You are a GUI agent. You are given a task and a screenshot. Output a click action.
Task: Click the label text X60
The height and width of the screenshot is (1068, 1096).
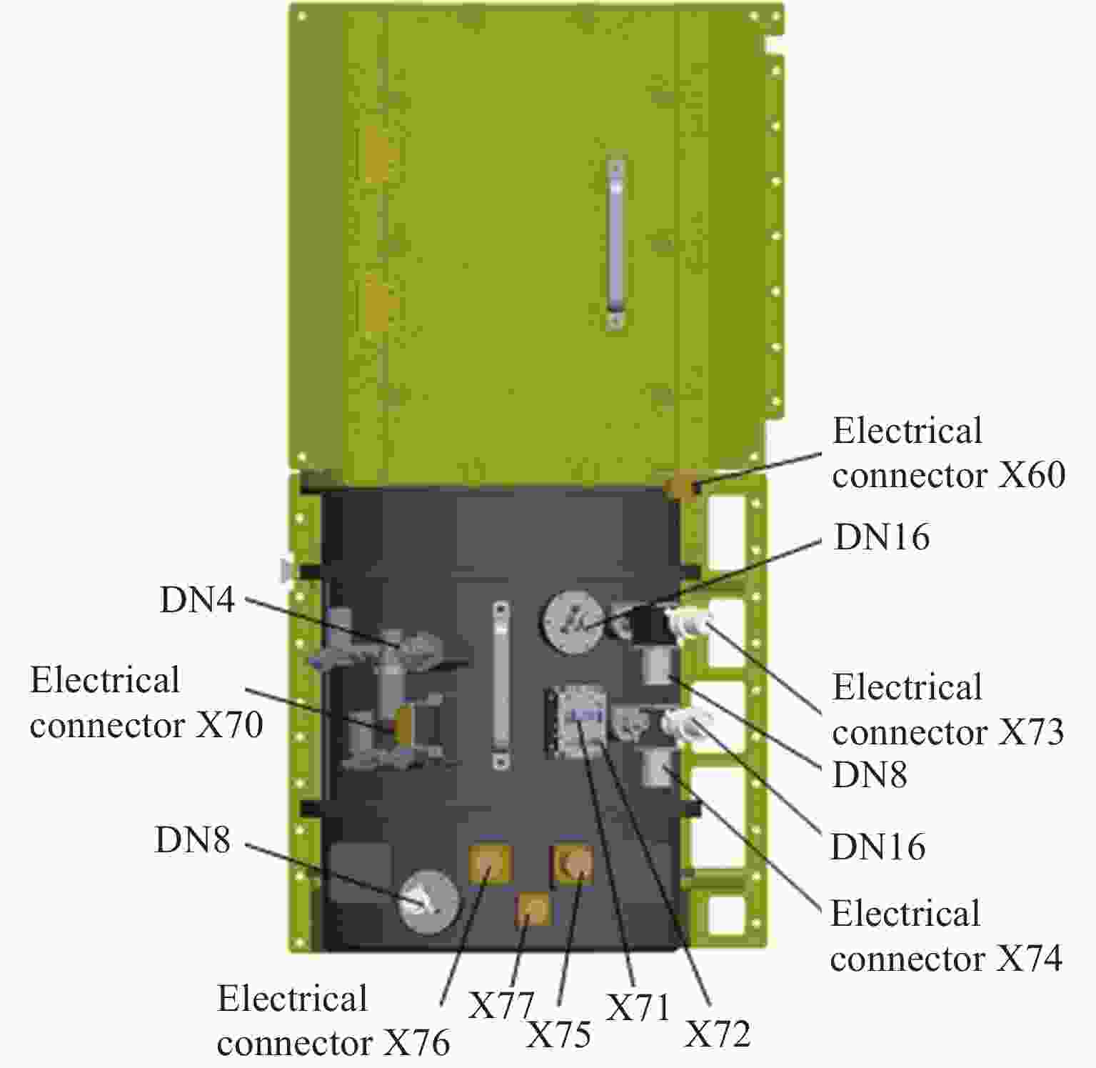coord(1031,475)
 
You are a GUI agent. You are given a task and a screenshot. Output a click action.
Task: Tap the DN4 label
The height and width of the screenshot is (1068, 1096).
coord(197,599)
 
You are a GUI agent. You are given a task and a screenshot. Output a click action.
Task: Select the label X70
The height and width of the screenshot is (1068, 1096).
coord(229,725)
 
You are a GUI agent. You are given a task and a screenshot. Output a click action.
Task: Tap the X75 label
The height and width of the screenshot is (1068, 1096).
coord(558,1034)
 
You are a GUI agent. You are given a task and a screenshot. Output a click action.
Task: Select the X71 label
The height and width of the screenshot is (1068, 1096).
coord(638,1008)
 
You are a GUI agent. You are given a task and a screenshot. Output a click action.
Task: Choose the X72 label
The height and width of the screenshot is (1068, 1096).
coord(718,1034)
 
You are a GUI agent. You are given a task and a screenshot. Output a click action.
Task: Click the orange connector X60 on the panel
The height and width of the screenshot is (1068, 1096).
coord(680,489)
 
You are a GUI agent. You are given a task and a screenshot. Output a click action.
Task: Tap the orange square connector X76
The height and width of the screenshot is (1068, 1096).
coord(490,863)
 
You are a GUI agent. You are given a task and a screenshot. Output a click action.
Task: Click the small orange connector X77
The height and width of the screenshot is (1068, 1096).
coord(534,909)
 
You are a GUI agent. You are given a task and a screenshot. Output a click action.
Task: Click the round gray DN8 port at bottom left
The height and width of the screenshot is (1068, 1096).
coord(428,902)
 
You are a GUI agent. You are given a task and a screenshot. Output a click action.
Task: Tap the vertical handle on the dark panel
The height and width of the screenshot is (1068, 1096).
coord(501,685)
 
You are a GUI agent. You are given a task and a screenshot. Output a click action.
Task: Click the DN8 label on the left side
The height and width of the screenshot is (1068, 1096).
coord(193,840)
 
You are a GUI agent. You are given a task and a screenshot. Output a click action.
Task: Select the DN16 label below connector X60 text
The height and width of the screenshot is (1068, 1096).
coord(882,537)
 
